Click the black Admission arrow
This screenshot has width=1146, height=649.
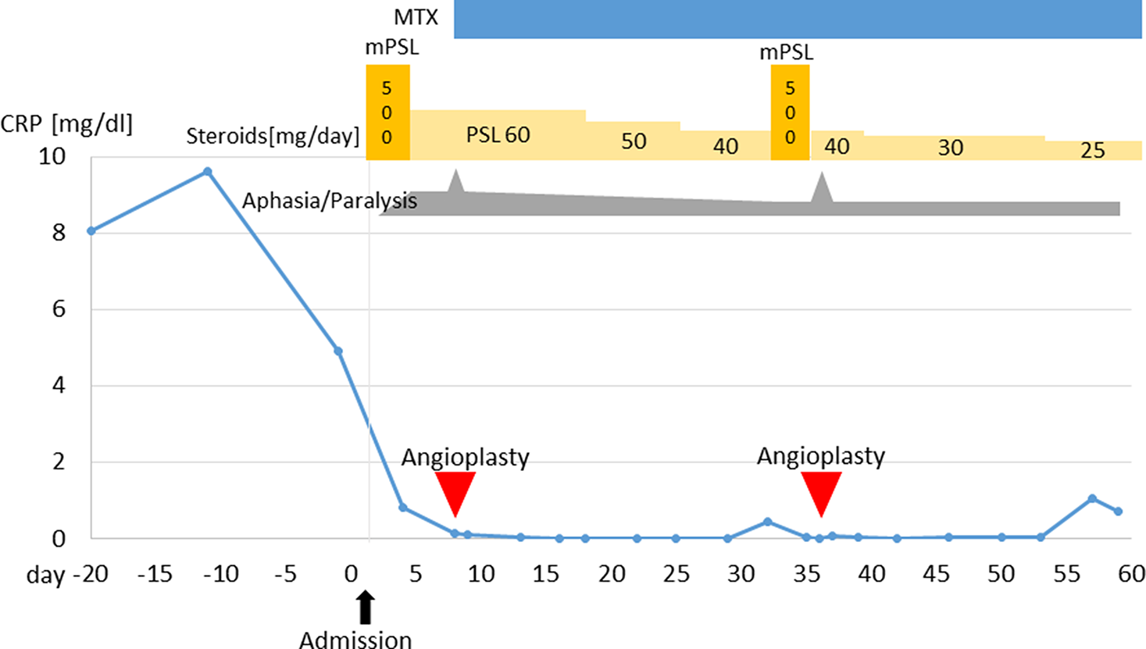coord(365,607)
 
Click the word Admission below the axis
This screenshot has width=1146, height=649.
coord(355,640)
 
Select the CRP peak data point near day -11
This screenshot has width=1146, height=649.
coord(207,172)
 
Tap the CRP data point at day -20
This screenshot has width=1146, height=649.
coord(91,231)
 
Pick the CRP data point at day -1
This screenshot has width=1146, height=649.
coord(338,351)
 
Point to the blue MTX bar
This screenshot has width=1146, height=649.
coord(797,19)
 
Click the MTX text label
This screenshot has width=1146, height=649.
coord(416,17)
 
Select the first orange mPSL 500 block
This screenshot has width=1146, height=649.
coord(387,112)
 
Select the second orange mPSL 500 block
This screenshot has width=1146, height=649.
coord(790,112)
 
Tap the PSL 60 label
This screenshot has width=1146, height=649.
coord(498,135)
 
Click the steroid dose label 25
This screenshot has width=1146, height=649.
coord(1092,150)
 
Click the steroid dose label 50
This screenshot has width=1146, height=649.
coord(634,141)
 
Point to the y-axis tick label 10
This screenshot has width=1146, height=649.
coord(52,156)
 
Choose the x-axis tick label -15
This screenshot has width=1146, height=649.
coord(154,574)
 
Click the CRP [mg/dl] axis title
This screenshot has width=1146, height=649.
coord(66,123)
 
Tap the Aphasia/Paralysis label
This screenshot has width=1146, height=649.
coord(329,201)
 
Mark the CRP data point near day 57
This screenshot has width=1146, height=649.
coord(1092,499)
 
